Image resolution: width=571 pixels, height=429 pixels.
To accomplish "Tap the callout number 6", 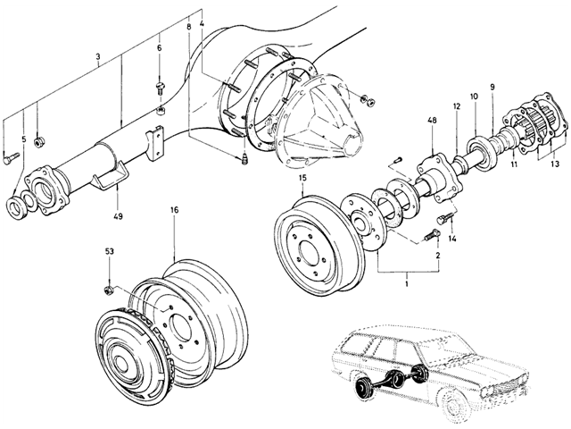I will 159,47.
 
